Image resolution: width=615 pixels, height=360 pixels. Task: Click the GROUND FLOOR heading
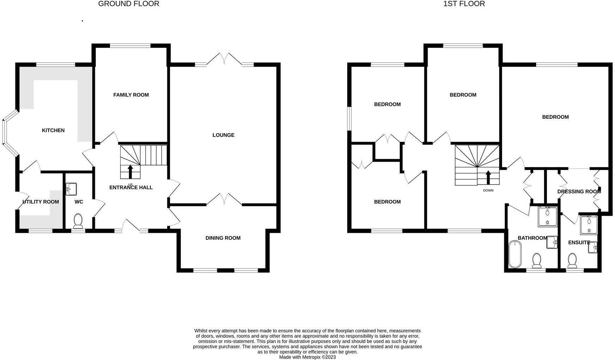[128, 4]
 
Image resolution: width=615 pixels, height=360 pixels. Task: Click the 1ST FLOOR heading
[464, 4]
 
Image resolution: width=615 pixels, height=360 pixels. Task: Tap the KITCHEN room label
[53, 130]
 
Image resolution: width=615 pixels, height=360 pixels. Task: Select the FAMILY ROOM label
[131, 95]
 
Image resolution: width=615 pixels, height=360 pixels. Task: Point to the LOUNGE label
[223, 135]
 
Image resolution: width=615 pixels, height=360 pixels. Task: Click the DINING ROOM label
[223, 238]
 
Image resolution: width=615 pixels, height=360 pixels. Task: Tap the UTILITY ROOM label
[41, 202]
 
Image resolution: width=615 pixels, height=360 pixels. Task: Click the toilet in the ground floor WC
[78, 221]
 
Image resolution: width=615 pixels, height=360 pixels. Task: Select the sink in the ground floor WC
[71, 189]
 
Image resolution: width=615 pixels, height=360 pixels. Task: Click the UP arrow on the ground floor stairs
[130, 172]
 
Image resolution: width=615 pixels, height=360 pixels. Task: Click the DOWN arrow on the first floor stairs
[488, 178]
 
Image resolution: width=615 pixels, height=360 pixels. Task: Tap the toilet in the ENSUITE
[572, 260]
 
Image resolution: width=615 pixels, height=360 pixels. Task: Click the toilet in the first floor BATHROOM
[537, 260]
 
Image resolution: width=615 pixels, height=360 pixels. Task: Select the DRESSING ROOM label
[579, 191]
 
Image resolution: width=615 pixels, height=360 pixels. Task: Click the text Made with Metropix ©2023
[307, 357]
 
